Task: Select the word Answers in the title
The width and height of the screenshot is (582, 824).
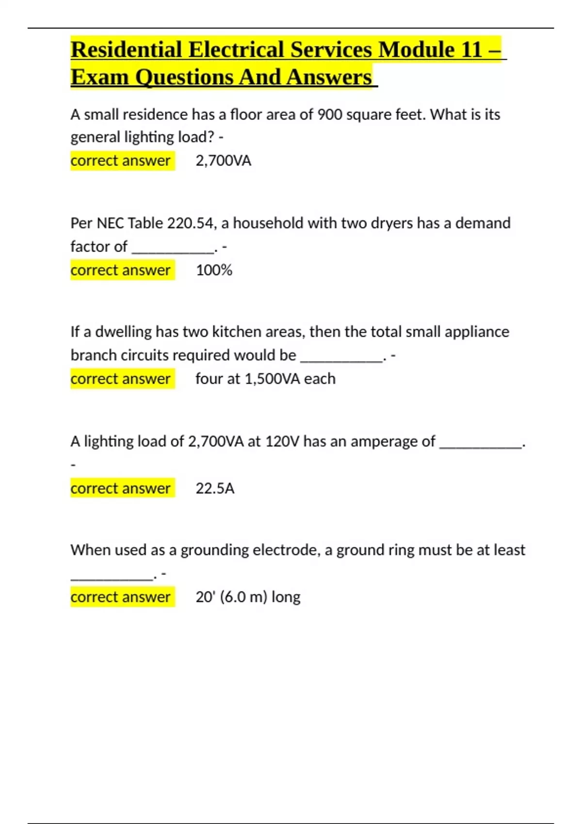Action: click(x=329, y=78)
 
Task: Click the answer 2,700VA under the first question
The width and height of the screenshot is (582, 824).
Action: click(x=223, y=160)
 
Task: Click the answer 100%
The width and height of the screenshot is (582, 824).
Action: click(x=214, y=270)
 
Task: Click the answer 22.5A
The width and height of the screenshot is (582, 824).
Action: click(x=215, y=488)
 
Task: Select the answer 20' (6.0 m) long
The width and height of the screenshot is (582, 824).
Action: click(x=248, y=597)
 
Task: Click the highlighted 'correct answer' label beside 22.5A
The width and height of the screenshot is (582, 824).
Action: click(x=120, y=488)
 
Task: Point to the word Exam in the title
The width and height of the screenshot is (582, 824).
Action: click(x=98, y=78)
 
